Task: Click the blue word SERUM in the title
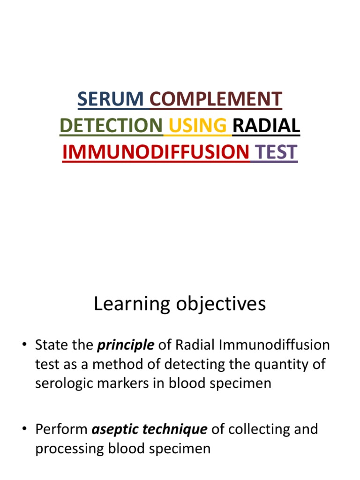111,99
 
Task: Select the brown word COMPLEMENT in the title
216,99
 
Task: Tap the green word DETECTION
111,126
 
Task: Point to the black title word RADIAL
266,126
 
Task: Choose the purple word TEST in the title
275,152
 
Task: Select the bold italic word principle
125,345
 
